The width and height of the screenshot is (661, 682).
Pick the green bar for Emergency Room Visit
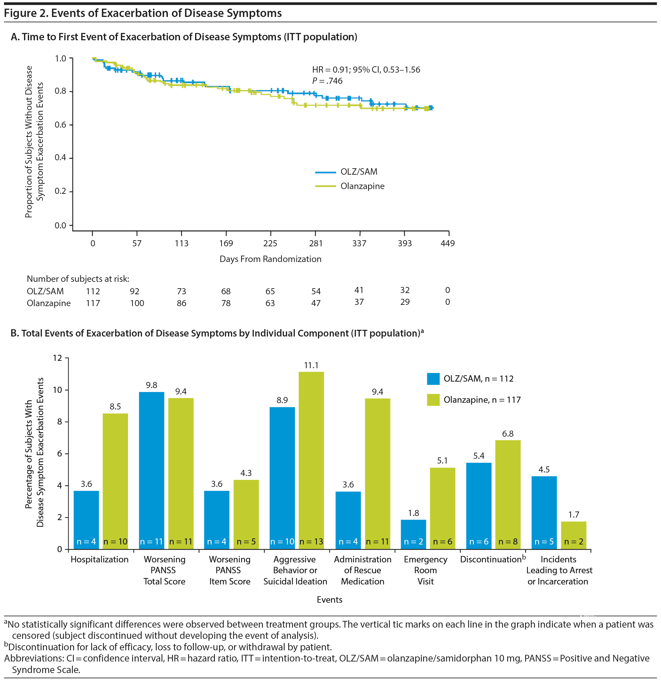point(443,508)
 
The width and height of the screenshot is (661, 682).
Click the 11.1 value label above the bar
point(311,365)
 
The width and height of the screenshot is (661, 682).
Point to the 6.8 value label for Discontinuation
point(508,433)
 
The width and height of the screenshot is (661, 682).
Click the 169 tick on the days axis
point(226,243)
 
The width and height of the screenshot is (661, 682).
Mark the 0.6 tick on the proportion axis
point(60,124)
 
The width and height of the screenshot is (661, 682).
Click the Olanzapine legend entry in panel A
point(362,186)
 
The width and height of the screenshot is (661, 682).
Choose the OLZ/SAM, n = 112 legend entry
point(478,378)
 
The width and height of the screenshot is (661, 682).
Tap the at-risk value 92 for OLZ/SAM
point(135,291)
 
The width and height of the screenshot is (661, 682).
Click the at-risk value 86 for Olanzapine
point(182,303)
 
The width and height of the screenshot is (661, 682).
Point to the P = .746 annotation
point(327,81)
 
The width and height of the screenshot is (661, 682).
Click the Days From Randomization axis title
point(270,259)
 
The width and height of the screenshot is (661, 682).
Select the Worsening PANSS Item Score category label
point(230,570)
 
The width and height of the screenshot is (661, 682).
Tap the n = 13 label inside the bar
point(311,542)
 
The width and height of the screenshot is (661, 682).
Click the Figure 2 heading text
point(143,13)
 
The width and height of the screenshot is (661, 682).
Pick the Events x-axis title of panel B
point(329,599)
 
